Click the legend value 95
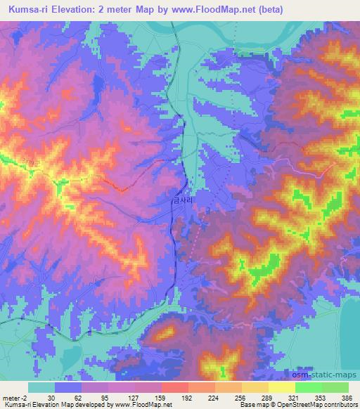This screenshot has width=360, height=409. click(x=106, y=398)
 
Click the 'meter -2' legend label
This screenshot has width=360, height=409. click(x=14, y=398)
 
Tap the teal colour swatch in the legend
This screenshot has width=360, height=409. click(x=41, y=387)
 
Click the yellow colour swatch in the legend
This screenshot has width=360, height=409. click(x=282, y=387)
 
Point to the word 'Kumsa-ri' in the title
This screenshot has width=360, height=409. click(x=27, y=8)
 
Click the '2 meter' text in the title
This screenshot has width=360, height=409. click(x=115, y=8)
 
